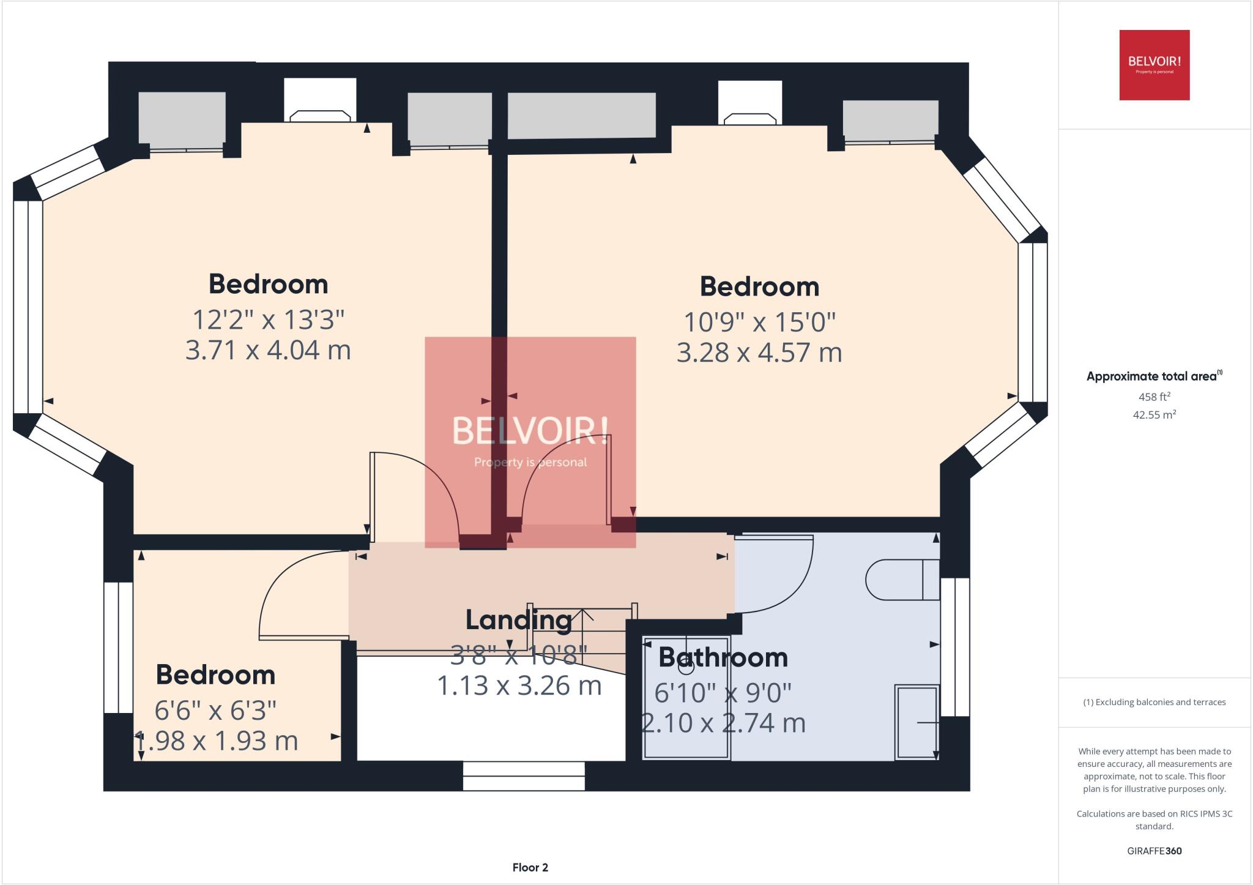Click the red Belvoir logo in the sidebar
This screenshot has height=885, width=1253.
coord(1154,65)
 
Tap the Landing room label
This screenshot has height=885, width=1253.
coord(518,619)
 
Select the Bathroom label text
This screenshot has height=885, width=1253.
coord(723,657)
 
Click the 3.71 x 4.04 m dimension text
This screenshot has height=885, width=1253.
coord(268,350)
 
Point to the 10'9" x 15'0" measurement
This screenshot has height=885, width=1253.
coord(759,321)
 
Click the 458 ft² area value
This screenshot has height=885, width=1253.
coord(1154,397)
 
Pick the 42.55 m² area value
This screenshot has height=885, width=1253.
coord(1154,414)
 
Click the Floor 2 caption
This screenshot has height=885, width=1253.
coord(530,867)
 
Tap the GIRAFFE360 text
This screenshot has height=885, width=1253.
coord(1154,851)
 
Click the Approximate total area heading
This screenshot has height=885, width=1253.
coord(1154,376)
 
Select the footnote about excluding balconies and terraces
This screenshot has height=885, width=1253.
coord(1154,702)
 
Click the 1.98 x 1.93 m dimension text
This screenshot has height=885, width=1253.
coord(215,741)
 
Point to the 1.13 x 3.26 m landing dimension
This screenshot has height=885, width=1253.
coord(519,685)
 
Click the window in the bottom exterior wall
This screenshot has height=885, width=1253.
coord(524,776)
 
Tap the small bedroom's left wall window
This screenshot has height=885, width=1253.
coord(118,647)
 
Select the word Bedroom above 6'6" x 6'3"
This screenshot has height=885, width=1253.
coord(215,674)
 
